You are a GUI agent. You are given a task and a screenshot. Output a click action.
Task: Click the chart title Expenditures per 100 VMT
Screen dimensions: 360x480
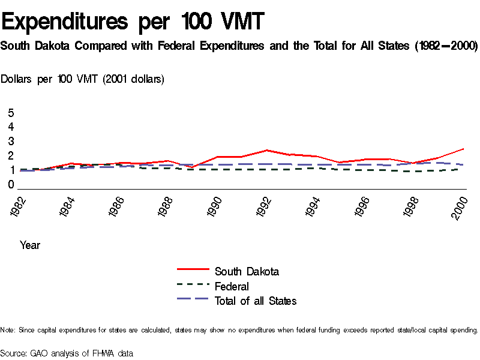point(133,22)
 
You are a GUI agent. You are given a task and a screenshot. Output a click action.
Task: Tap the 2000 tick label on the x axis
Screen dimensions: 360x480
point(460,208)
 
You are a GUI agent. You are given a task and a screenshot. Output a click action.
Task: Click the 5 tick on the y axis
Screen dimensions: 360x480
point(10,113)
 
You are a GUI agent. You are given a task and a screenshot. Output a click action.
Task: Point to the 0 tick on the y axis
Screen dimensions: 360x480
point(10,185)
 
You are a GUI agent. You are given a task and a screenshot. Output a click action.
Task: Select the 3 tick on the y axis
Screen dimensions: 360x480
point(10,141)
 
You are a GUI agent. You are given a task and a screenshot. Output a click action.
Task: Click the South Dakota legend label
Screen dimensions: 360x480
point(247,271)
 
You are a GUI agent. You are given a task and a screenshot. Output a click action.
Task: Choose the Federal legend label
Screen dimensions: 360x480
point(232,286)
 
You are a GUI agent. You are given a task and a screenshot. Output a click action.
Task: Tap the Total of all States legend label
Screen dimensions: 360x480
point(256,301)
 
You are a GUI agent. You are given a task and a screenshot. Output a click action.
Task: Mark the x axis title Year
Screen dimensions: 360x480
point(30,245)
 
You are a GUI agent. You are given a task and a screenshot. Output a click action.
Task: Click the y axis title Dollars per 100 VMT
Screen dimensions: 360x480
point(83,79)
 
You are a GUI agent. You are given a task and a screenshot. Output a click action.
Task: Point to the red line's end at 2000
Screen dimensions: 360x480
point(463,148)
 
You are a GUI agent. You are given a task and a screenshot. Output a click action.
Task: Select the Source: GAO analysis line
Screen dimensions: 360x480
point(67,353)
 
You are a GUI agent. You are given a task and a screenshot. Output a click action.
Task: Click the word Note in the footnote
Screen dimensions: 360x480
point(7,330)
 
